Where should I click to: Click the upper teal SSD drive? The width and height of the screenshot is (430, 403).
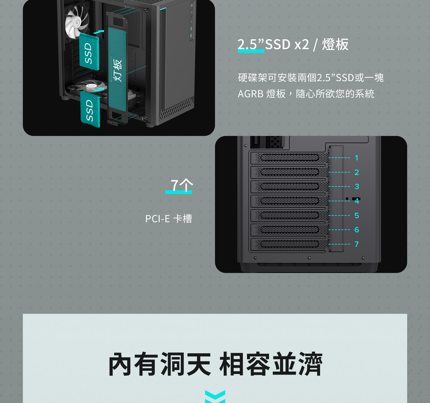pyautogui.click(x=89, y=52)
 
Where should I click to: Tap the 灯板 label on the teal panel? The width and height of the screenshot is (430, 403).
pyautogui.click(x=117, y=70)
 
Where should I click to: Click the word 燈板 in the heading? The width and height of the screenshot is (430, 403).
pyautogui.click(x=335, y=44)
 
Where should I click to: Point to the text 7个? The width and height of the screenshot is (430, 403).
pyautogui.click(x=182, y=185)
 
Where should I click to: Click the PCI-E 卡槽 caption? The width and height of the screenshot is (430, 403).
pyautogui.click(x=169, y=219)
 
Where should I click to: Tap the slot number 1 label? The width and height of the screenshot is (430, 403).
pyautogui.click(x=357, y=158)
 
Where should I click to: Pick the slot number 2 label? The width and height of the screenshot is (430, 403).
pyautogui.click(x=357, y=172)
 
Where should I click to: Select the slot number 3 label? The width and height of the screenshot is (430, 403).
pyautogui.click(x=357, y=186)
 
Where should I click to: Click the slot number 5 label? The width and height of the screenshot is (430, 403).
pyautogui.click(x=357, y=215)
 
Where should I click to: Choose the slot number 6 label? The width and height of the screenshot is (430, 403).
pyautogui.click(x=357, y=230)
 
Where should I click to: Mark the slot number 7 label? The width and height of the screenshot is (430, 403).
pyautogui.click(x=357, y=244)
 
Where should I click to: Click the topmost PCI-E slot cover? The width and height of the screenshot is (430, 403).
pyautogui.click(x=289, y=158)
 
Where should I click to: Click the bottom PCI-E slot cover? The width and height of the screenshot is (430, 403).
pyautogui.click(x=289, y=244)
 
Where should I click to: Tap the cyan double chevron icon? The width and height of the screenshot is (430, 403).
pyautogui.click(x=215, y=397)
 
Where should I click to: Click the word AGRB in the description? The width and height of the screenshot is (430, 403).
pyautogui.click(x=250, y=94)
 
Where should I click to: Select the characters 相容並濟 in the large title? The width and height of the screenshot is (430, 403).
pyautogui.click(x=271, y=364)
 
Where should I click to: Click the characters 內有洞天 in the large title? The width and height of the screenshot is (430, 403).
pyautogui.click(x=160, y=364)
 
